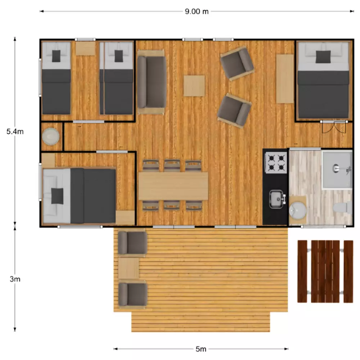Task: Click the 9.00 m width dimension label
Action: [197, 12]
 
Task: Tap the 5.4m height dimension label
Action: [15, 131]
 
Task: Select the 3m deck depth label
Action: [15, 279]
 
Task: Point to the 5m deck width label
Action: [201, 349]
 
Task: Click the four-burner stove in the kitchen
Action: [276, 163]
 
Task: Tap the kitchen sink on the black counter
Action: [277, 199]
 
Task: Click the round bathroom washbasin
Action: [297, 210]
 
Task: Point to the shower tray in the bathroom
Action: [337, 170]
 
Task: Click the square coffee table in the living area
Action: [194, 86]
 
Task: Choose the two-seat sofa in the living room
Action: [151, 82]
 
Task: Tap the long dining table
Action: [174, 186]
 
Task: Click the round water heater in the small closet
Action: [51, 136]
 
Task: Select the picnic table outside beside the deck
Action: [325, 271]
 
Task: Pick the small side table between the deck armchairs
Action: [129, 268]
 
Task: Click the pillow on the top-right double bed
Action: [323, 57]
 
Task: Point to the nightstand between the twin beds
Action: [85, 48]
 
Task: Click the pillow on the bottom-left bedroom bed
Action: [57, 196]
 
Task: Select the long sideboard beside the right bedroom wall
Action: [285, 78]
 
